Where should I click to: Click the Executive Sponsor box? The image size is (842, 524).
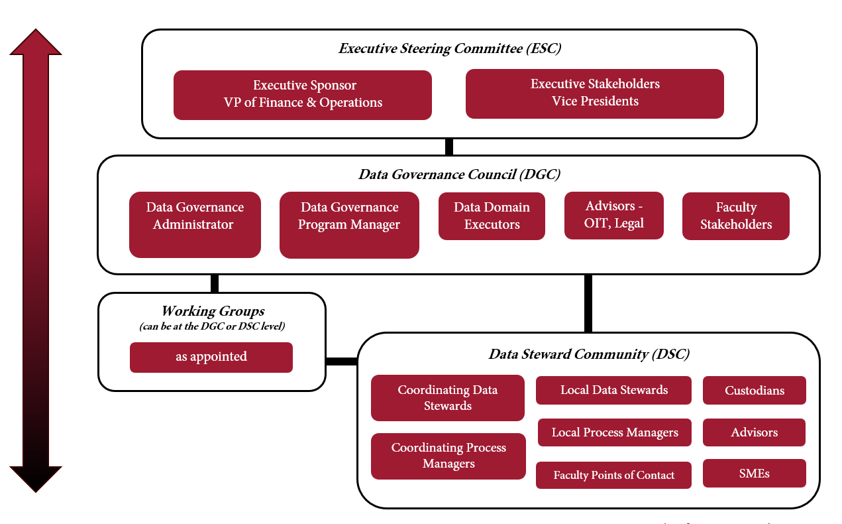coord(303,95)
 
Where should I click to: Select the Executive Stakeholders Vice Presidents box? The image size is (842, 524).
coord(595,94)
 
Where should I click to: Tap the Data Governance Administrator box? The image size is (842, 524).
coord(195,225)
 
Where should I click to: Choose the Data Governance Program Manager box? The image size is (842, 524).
coord(349,225)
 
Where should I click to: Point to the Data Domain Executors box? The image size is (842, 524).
coord(492,216)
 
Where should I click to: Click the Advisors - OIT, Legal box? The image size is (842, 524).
coord(614,216)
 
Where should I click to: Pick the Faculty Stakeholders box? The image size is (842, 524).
coord(736,216)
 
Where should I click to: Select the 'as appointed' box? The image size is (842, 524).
coord(211,357)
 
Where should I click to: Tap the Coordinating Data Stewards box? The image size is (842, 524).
coord(448,398)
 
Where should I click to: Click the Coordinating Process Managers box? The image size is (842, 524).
coord(448,456)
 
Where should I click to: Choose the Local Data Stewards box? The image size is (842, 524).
coord(613,390)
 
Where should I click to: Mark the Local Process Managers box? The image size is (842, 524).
coord(615,432)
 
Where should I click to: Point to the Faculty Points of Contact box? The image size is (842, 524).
coord(613,475)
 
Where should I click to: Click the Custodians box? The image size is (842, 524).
coord(755,391)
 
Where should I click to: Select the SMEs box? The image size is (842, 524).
coord(755,474)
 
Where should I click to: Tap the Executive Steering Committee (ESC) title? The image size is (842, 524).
coord(450,48)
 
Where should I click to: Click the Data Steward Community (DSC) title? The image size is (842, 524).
coord(589,354)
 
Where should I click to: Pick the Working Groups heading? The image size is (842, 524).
coord(213,311)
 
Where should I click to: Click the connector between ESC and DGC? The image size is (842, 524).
coord(449,147)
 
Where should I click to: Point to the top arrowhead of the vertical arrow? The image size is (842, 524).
coord(36,42)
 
